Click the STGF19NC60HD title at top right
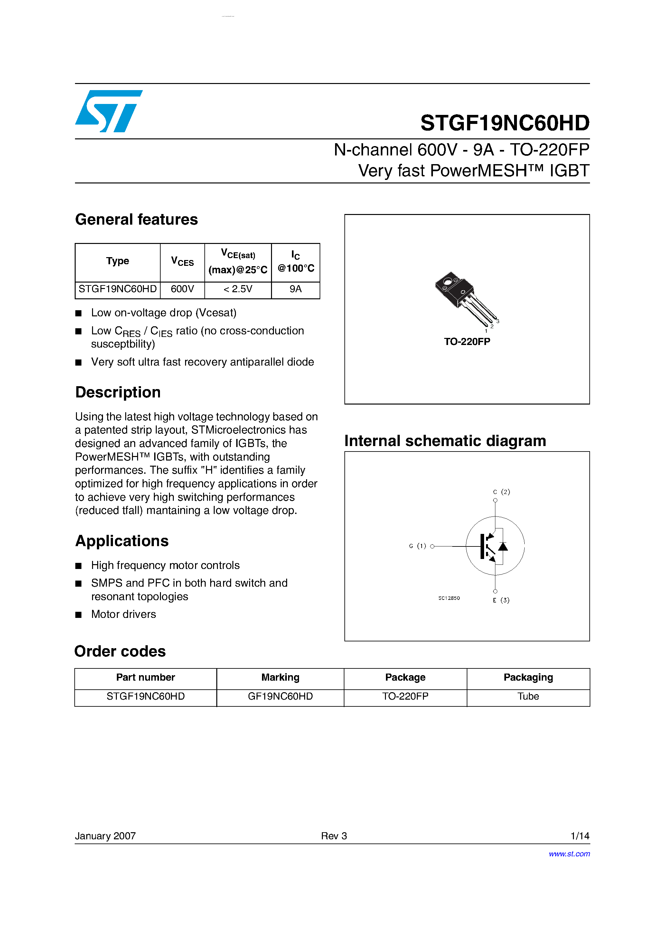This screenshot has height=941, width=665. coord(505,123)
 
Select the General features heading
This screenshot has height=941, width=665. coord(136,220)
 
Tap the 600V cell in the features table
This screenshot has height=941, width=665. coord(182,289)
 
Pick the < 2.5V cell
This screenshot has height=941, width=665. coord(238,289)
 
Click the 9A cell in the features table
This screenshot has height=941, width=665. coord(295,289)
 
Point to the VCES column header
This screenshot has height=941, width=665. coord(182,262)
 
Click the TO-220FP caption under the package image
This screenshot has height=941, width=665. coord(467,341)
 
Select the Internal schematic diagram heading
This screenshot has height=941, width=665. coord(445,441)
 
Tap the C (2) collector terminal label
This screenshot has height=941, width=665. coord(501,492)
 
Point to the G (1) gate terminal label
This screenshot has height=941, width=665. coord(417,546)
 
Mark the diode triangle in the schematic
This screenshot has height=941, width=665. coord(503,546)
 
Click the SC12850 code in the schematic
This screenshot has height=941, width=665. coord(449,598)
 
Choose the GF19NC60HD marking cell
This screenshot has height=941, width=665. coord(280,696)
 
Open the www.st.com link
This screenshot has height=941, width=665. coord(569,854)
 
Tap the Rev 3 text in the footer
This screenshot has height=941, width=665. coord(334,836)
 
